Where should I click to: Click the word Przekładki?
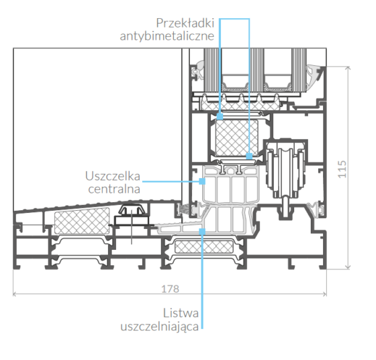point(185,24)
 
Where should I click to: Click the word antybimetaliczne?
point(167,36)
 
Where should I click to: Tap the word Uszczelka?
point(113,176)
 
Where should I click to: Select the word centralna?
point(114,189)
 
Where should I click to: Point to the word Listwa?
point(181,313)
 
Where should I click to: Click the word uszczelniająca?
point(160,326)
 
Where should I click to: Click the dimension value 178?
point(170,289)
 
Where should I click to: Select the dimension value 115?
point(342,169)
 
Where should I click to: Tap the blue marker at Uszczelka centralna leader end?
point(202,181)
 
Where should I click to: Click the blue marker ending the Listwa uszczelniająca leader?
point(202,232)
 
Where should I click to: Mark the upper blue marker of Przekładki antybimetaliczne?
point(220,117)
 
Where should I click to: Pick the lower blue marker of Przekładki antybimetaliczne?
point(249,156)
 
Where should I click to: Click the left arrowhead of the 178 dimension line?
point(14,294)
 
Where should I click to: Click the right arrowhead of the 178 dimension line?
point(325,294)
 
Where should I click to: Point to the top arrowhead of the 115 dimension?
point(348,68)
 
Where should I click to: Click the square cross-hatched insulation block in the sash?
point(236,138)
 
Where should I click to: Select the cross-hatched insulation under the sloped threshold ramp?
point(82,221)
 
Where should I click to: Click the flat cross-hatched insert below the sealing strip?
point(204,246)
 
